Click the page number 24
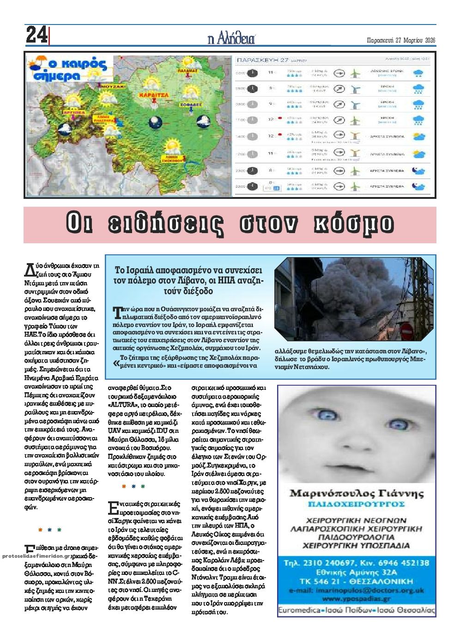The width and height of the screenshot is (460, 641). coord(36,35)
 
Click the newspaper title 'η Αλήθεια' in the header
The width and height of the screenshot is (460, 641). coord(231,38)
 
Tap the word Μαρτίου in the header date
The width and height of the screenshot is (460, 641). coord(412,40)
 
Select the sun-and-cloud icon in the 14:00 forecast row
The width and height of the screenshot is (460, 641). coord(418,137)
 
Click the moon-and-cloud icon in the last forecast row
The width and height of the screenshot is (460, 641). coord(418,186)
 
